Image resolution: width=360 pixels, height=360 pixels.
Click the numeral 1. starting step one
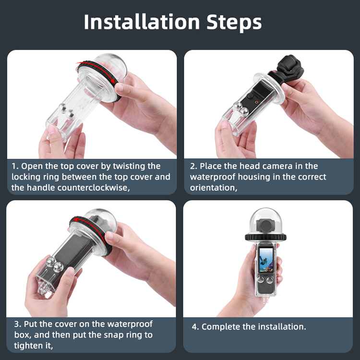[x=15, y=166]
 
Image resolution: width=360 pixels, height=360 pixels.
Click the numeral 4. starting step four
[x=195, y=327]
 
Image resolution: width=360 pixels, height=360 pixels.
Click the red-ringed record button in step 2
[x=257, y=102]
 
